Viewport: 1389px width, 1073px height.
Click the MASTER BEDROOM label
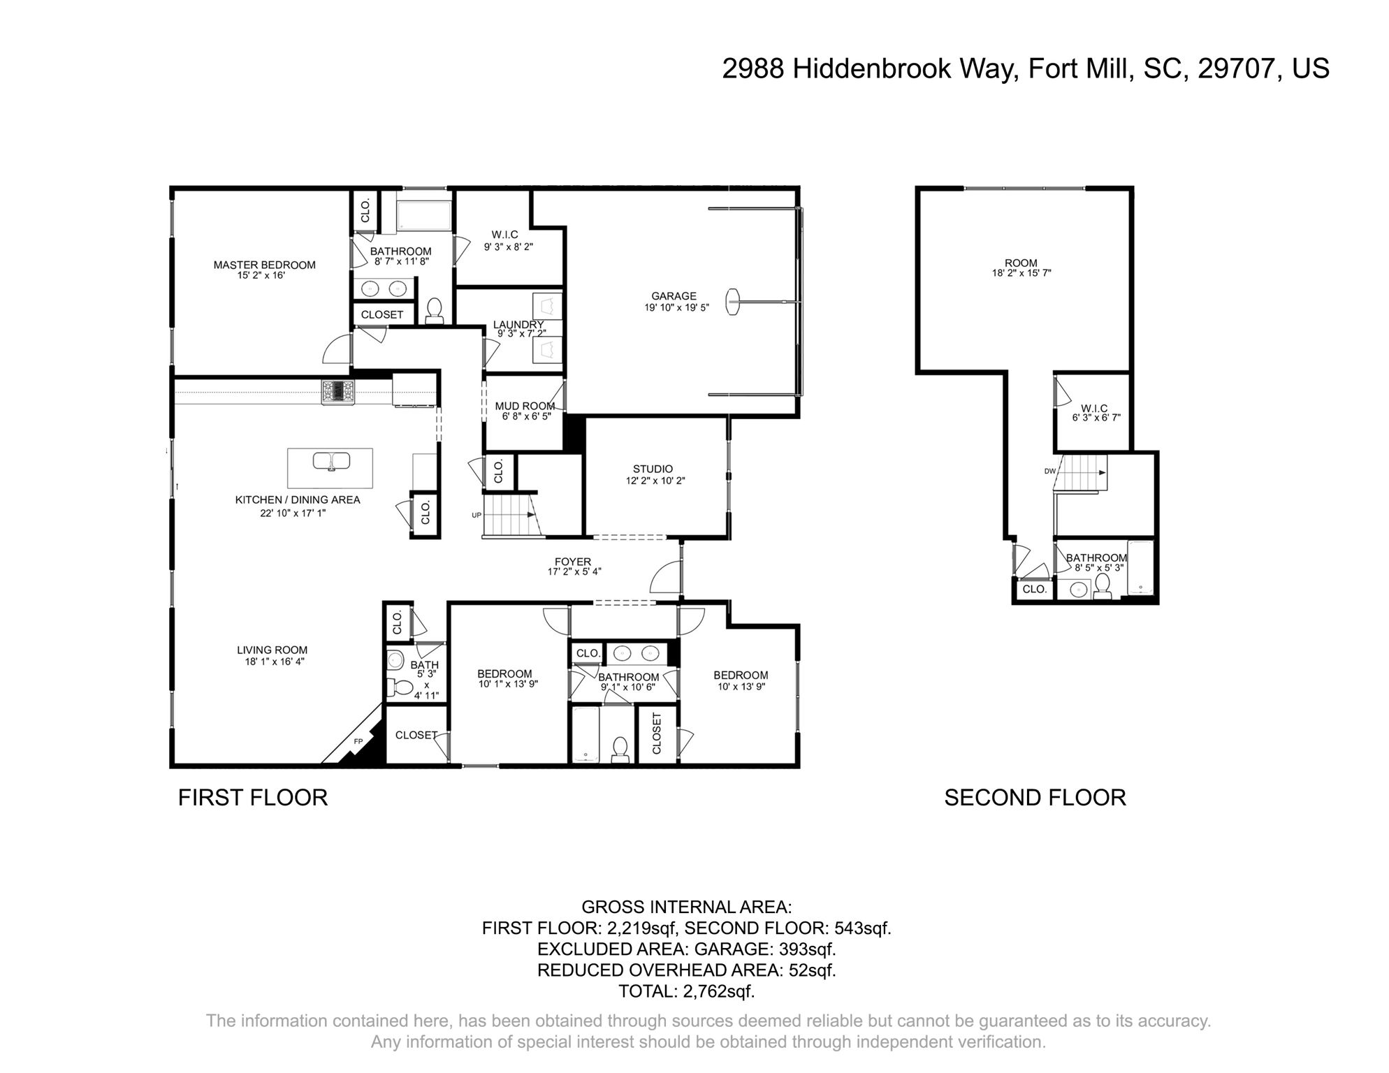(264, 265)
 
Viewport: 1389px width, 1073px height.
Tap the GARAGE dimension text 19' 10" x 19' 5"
(676, 307)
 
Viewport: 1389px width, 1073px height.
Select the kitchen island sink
(331, 461)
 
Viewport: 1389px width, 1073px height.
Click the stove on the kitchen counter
(338, 392)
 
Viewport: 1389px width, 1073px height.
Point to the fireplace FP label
(358, 741)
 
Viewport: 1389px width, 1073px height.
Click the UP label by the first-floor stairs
(477, 516)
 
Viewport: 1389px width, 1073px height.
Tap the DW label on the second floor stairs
(1049, 471)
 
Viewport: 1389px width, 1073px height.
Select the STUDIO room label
(653, 469)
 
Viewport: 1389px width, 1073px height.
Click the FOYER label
(573, 562)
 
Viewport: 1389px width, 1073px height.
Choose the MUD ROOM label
(525, 406)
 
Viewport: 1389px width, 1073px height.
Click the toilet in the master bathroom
(435, 310)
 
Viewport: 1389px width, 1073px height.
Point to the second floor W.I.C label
(1094, 408)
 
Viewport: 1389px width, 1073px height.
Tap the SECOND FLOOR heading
(1035, 798)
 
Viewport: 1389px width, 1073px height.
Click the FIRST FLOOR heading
(253, 798)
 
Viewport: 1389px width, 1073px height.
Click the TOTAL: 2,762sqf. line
(686, 991)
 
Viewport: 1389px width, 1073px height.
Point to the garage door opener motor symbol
(733, 302)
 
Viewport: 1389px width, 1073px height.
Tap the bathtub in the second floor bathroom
(1140, 569)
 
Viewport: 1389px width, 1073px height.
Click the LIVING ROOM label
(272, 650)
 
